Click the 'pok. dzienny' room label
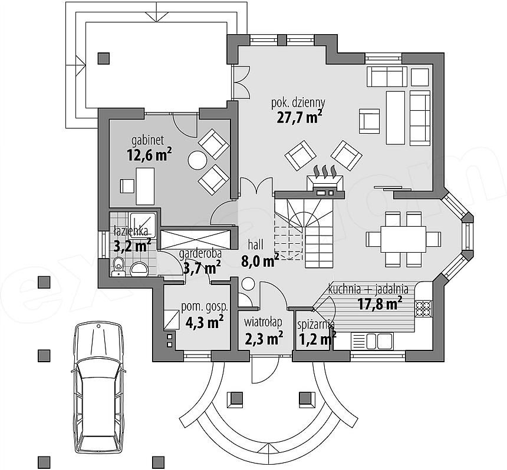tap(298, 103)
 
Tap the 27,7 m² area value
tap(299, 117)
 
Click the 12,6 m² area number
tap(149, 154)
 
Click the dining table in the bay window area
tap(403, 239)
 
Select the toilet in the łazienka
tap(118, 267)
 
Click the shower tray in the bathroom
tap(143, 225)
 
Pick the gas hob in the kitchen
tap(423, 308)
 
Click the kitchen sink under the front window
tap(371, 341)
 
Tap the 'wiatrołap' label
tap(263, 322)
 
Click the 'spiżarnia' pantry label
tap(316, 325)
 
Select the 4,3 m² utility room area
tap(205, 322)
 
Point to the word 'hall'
tap(255, 244)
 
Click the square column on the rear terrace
tap(104, 58)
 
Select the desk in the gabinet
tap(145, 186)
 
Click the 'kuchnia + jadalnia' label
tap(368, 289)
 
